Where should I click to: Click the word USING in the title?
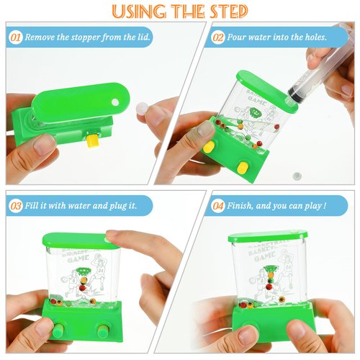tap(135, 12)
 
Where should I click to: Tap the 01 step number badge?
tap(15, 35)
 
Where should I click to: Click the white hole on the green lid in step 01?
tap(114, 100)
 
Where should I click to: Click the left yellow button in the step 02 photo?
tap(210, 147)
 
